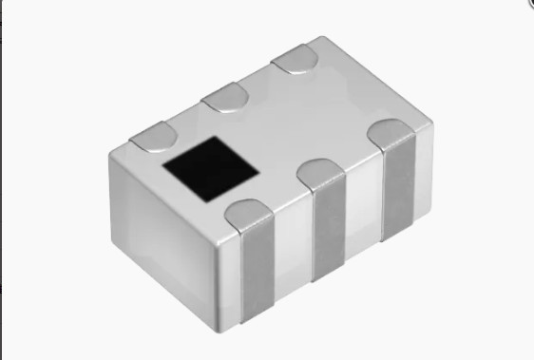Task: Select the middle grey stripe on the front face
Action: click(329, 233)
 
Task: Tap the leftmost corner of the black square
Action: click(163, 161)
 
